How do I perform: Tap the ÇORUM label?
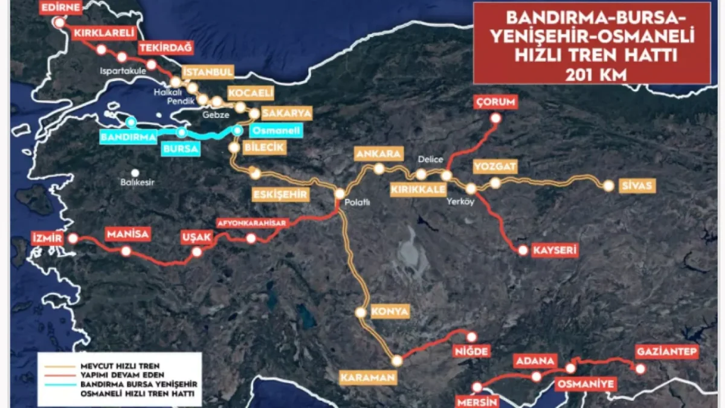tap(495, 102)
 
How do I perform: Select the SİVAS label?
tap(636, 186)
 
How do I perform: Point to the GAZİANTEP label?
tap(667, 352)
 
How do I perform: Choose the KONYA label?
tap(390, 312)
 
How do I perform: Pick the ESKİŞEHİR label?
tap(282, 194)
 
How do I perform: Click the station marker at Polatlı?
tap(340, 194)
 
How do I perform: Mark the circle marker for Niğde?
tap(472, 337)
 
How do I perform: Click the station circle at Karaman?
tap(396, 361)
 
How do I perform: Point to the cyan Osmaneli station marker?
tap(238, 131)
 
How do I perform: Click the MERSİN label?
tap(477, 401)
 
